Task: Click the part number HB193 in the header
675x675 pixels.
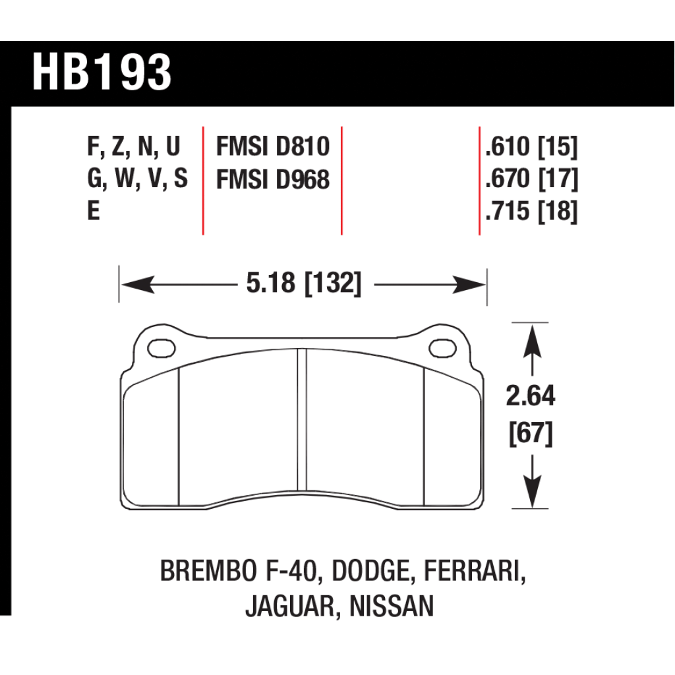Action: tap(102, 73)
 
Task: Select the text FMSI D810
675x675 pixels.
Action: tap(273, 146)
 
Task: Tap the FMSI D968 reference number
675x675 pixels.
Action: tap(273, 179)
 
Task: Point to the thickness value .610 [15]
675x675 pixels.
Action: tap(531, 147)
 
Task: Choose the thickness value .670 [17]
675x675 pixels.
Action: tap(531, 179)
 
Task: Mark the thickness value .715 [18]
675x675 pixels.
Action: tap(531, 211)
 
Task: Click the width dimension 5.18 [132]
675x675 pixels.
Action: tap(304, 283)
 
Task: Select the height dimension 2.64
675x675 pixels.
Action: tap(531, 396)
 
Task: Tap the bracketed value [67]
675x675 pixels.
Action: tap(531, 433)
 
